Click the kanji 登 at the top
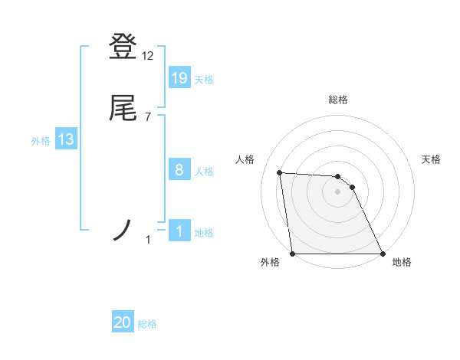[x=123, y=47]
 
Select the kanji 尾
[x=123, y=109]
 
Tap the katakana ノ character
[x=123, y=230]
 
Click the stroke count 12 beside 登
[x=148, y=56]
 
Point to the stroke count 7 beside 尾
[x=147, y=117]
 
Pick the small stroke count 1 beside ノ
[x=148, y=241]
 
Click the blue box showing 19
[x=179, y=77]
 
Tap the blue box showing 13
[x=66, y=139]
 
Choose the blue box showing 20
[x=123, y=322]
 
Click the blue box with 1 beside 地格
[x=179, y=231]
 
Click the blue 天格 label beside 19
[x=204, y=80]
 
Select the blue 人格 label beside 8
[x=204, y=172]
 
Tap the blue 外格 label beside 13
[x=41, y=141]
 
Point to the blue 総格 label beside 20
[x=147, y=325]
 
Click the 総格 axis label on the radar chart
[x=338, y=100]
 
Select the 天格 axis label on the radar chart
[x=432, y=159]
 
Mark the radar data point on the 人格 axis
[x=280, y=173]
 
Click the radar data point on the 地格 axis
[x=382, y=254]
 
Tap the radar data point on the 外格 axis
[x=293, y=254]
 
